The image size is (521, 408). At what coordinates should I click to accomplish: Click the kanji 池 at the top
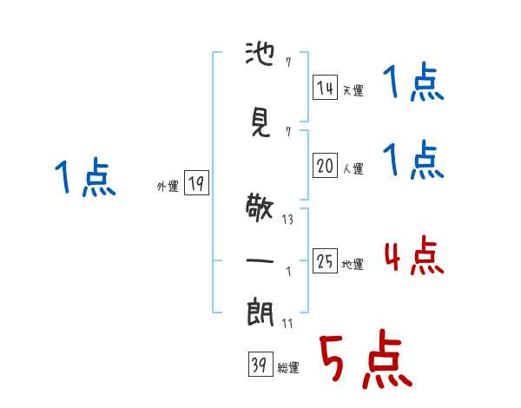click(x=260, y=54)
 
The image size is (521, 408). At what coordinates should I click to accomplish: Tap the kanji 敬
click(x=260, y=207)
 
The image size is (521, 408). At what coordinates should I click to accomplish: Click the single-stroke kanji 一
click(x=260, y=260)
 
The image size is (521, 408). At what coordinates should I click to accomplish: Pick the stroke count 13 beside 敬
click(x=287, y=220)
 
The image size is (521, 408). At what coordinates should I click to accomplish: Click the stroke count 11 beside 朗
click(x=287, y=323)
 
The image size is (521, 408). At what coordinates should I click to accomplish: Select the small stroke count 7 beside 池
click(x=288, y=63)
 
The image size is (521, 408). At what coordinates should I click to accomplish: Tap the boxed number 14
click(x=325, y=87)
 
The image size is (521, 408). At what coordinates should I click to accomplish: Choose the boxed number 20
click(x=325, y=165)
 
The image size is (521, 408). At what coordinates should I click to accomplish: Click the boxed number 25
click(x=325, y=260)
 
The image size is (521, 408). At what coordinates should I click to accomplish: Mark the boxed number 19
click(x=196, y=182)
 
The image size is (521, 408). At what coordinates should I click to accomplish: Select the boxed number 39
click(x=260, y=364)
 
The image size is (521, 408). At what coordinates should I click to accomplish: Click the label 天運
click(x=353, y=90)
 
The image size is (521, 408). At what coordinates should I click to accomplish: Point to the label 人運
click(x=353, y=168)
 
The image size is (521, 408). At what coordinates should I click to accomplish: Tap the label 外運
click(x=168, y=187)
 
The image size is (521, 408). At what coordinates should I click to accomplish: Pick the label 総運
click(x=288, y=368)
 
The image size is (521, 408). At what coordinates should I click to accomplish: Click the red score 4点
click(x=414, y=255)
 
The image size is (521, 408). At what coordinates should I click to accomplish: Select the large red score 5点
click(x=366, y=359)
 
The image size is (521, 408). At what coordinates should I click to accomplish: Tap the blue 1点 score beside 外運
click(x=85, y=177)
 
